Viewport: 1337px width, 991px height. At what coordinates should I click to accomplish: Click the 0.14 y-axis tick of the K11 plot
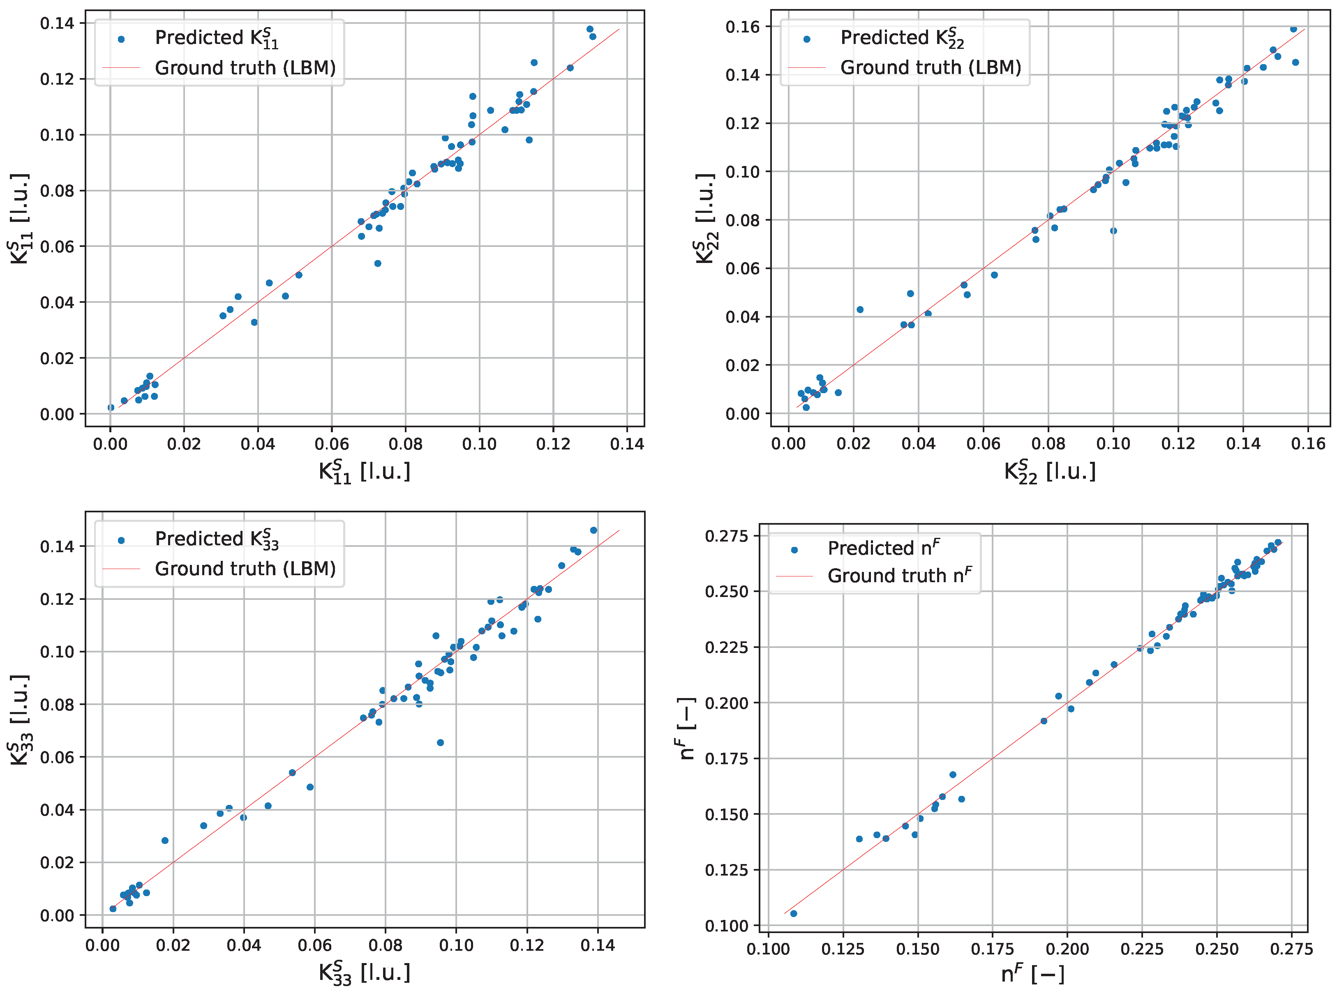click(57, 23)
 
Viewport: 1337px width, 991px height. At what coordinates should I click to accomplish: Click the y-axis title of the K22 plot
click(706, 219)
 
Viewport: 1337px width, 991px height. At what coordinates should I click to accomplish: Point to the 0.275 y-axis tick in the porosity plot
click(727, 536)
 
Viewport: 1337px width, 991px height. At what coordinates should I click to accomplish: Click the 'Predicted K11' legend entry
click(217, 38)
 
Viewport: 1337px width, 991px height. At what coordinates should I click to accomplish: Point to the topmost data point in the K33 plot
click(593, 530)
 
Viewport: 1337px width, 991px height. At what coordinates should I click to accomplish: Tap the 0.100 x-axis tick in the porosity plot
click(769, 950)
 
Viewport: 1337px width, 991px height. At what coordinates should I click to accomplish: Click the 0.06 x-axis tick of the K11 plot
click(331, 444)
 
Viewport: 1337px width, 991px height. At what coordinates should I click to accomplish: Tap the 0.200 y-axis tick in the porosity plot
click(727, 703)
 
